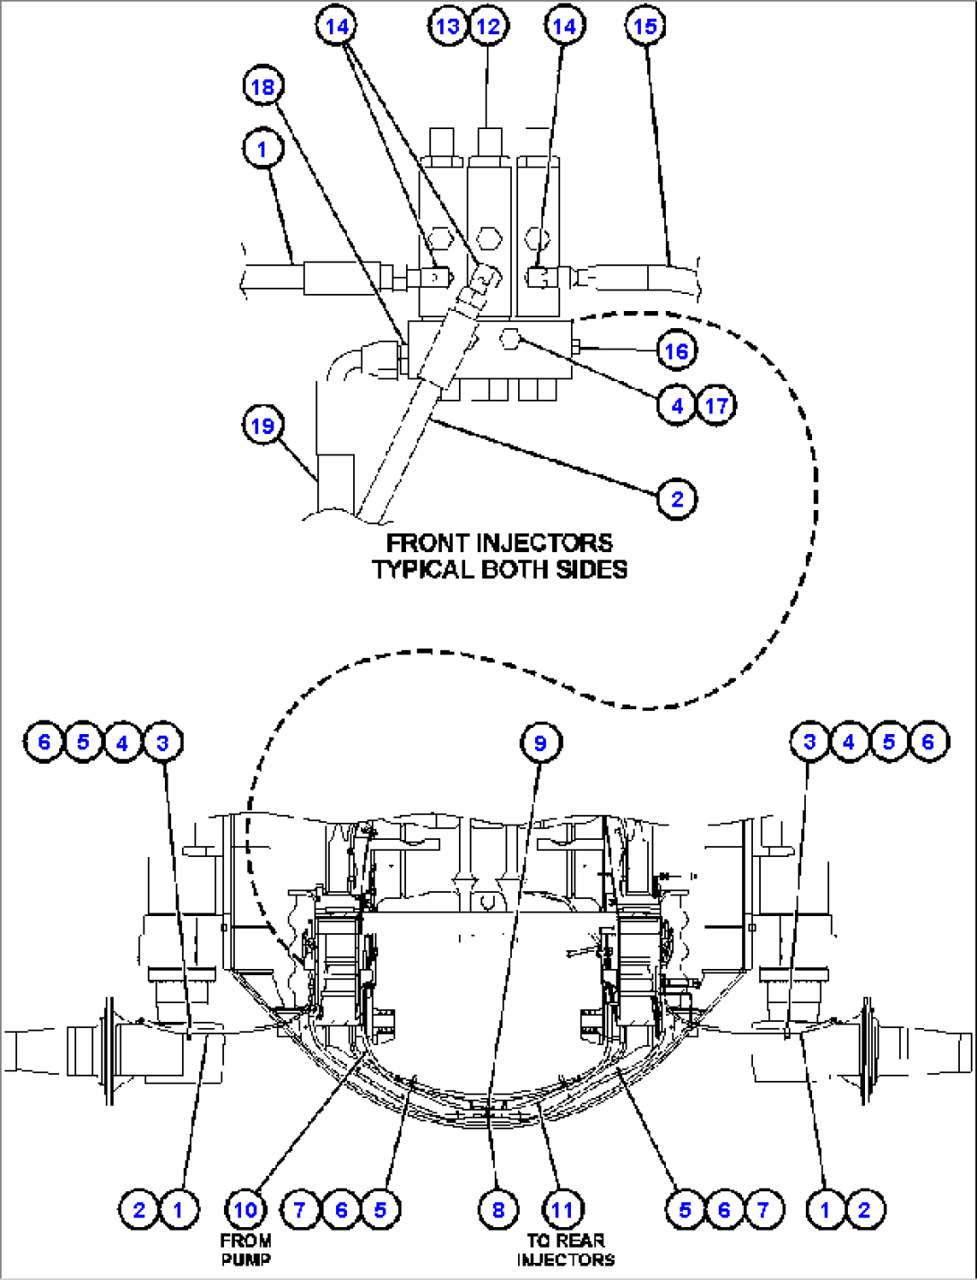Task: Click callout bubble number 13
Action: [x=447, y=26]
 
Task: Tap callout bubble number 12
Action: [x=487, y=26]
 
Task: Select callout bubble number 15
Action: [x=645, y=26]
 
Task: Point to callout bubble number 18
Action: [x=263, y=87]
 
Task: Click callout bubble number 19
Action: [x=263, y=425]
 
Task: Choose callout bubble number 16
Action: [x=677, y=350]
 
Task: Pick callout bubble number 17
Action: [x=716, y=406]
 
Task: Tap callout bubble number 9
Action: [x=540, y=742]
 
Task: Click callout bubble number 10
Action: [x=245, y=1210]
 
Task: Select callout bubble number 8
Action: [x=498, y=1210]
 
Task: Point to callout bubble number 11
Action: [x=562, y=1210]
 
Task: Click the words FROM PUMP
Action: [x=245, y=1249]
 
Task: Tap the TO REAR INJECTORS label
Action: [x=566, y=1250]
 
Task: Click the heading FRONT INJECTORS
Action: [x=499, y=543]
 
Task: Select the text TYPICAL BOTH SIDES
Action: [x=499, y=569]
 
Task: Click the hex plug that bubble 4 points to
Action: [x=510, y=339]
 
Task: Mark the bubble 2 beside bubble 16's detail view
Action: [x=677, y=497]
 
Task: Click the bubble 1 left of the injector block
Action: [x=263, y=149]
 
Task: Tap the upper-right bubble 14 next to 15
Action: [x=563, y=26]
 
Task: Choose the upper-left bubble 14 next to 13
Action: [x=337, y=26]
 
